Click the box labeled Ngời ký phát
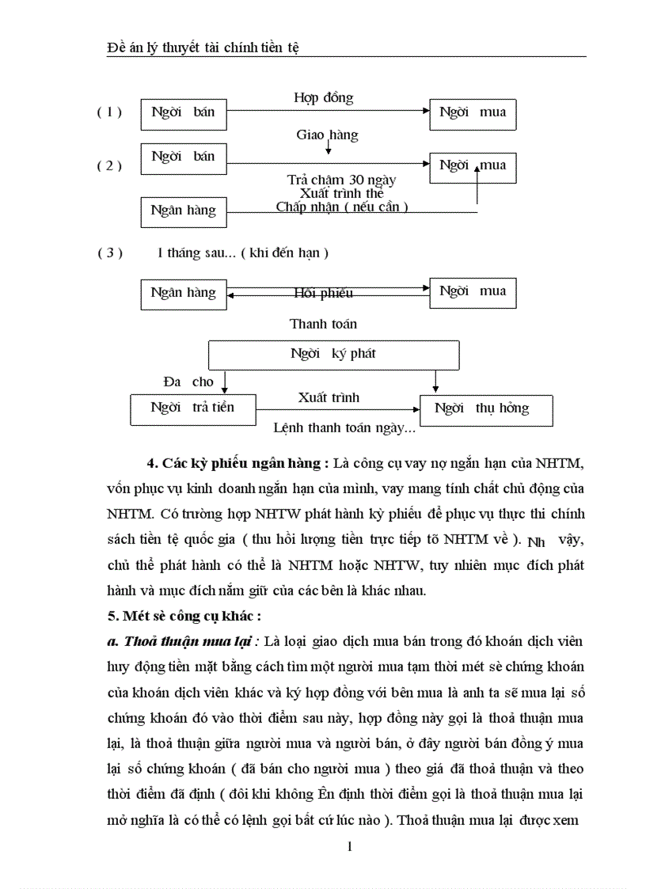click(x=333, y=354)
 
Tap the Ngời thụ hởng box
click(x=492, y=409)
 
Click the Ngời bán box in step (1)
click(x=183, y=113)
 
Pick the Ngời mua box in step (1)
click(x=473, y=113)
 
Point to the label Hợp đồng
click(x=324, y=98)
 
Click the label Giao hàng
click(x=327, y=135)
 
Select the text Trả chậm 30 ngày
click(x=341, y=180)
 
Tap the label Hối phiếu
click(x=323, y=294)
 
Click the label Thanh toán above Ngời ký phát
click(x=323, y=324)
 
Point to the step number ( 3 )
click(x=110, y=253)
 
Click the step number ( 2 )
click(x=109, y=166)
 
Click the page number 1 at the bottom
click(x=349, y=846)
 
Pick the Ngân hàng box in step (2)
click(x=183, y=211)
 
